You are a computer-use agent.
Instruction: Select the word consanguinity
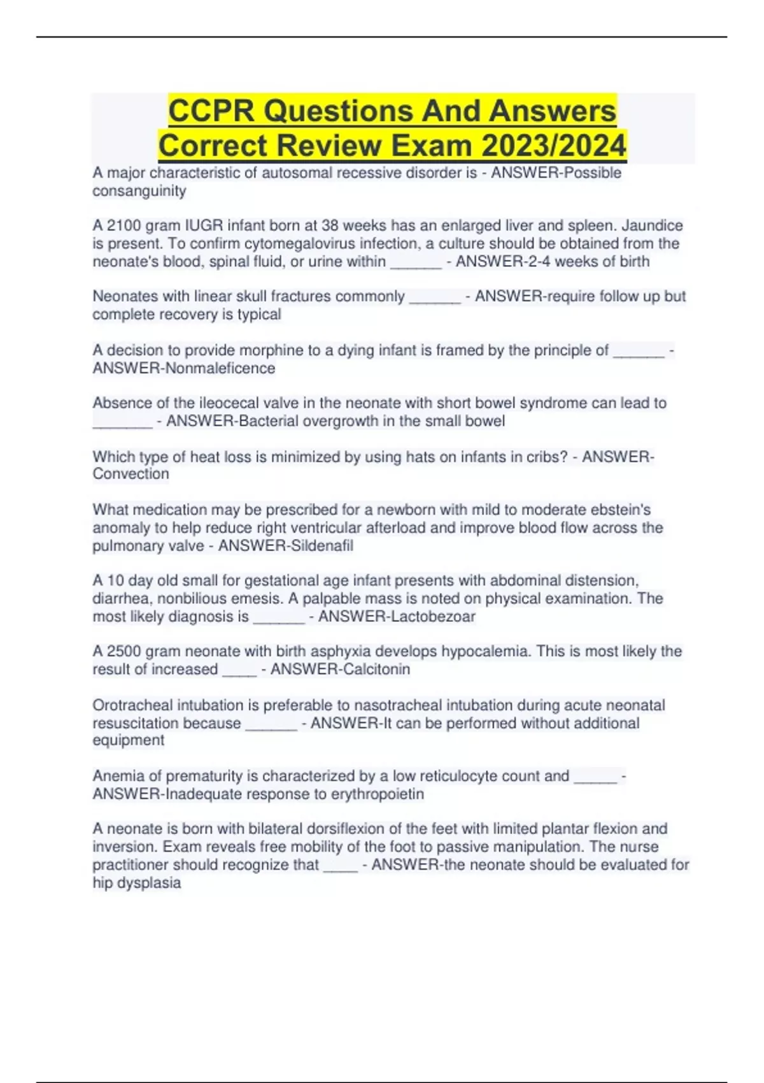pos(139,191)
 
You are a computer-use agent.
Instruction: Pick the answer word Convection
pos(131,474)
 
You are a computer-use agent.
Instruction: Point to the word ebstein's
pos(616,510)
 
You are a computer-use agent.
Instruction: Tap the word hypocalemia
pos(486,652)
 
